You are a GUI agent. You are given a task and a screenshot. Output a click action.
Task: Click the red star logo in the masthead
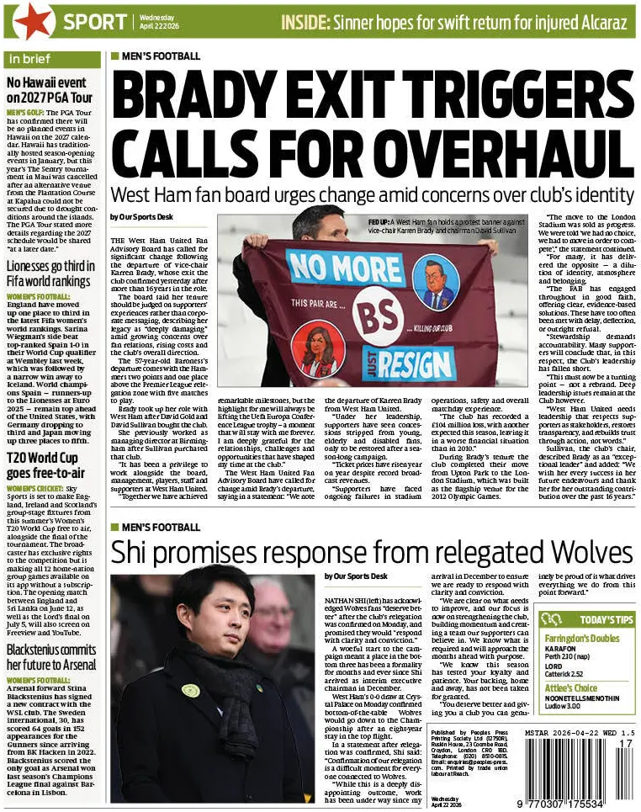tap(30, 21)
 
